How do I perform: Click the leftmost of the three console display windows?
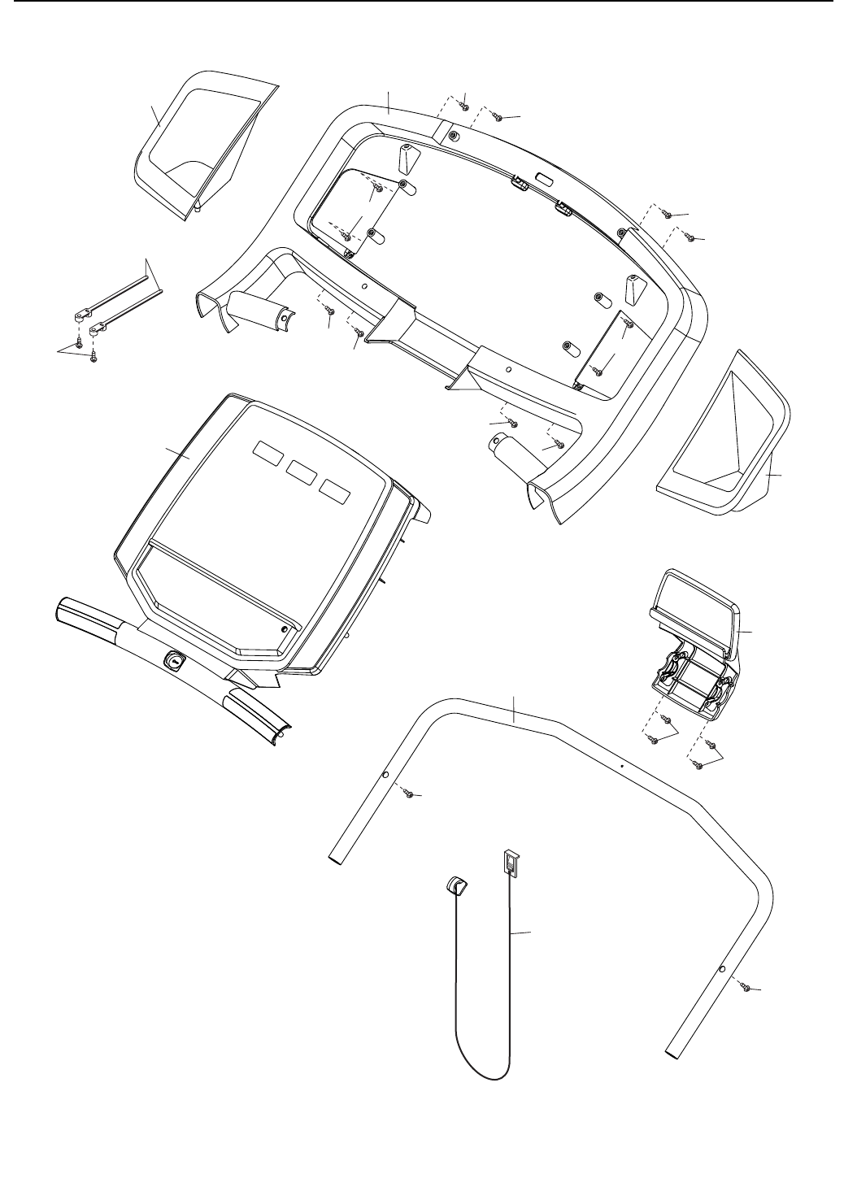[267, 450]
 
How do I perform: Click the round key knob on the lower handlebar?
[174, 662]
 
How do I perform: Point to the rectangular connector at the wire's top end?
[510, 863]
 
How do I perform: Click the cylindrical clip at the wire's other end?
[456, 885]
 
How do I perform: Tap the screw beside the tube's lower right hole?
[745, 986]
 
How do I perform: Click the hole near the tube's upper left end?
[387, 776]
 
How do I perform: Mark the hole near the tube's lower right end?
[722, 970]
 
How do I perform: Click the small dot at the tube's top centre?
[620, 766]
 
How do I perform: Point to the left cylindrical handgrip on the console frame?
[256, 307]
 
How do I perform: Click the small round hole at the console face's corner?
[283, 628]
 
